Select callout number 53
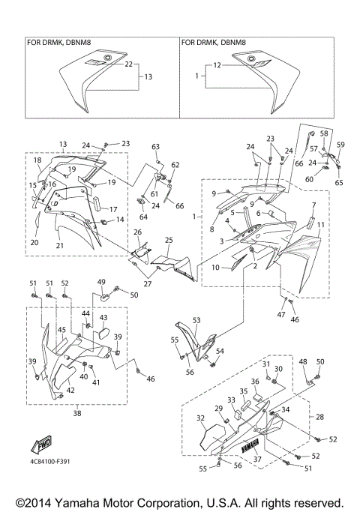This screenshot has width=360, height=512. point(197,320)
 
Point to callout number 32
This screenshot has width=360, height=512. point(200,418)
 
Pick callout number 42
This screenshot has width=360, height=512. point(70,391)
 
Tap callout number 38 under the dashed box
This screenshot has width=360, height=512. point(78,412)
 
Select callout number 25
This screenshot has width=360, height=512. point(169,240)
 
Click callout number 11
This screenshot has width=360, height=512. point(322,225)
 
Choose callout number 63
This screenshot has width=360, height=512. point(156,146)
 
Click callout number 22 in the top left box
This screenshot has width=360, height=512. point(128,65)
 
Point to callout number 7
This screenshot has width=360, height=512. point(314,205)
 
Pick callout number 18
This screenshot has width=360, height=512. point(37,160)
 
